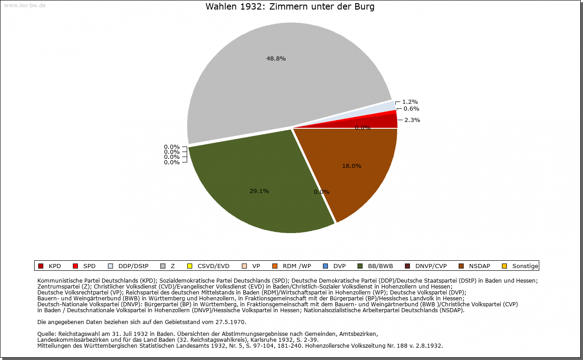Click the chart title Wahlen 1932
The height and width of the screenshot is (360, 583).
[x=290, y=7]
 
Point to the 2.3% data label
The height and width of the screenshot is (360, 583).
[x=412, y=120]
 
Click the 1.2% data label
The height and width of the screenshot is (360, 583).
[x=410, y=102]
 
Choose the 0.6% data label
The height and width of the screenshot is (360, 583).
[x=411, y=109]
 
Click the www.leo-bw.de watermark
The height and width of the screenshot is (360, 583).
[x=25, y=5]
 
